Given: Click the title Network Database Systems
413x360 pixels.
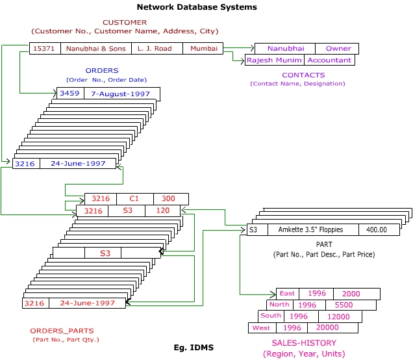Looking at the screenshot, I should (197, 7).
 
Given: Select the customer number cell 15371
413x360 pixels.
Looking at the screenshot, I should (45, 48).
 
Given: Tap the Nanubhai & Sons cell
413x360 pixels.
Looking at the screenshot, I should (95, 48).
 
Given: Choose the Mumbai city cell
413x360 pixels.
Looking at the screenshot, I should (203, 48).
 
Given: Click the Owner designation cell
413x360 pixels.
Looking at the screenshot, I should (338, 48).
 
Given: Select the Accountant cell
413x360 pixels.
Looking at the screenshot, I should (329, 60).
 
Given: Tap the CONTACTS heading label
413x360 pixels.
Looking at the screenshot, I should (297, 75).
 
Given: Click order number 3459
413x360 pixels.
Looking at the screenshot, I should (69, 94).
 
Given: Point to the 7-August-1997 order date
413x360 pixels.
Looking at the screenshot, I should (120, 94).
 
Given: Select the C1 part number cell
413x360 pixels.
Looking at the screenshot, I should (134, 199).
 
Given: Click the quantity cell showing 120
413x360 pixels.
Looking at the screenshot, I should (162, 211).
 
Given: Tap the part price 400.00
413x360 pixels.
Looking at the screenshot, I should (376, 229).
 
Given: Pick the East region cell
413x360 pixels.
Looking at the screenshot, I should (287, 294).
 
